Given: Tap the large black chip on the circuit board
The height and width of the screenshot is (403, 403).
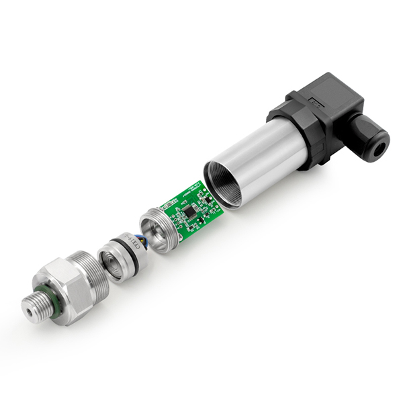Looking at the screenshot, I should (189, 210).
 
